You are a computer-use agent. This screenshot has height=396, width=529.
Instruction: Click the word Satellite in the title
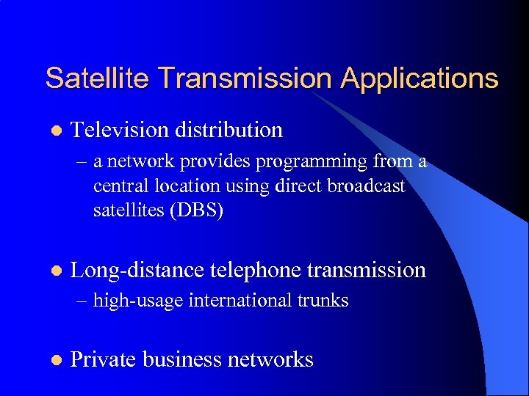pos(97,78)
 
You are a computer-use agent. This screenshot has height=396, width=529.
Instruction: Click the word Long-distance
pos(136,271)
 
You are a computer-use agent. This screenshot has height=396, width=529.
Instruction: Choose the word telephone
pos(254,271)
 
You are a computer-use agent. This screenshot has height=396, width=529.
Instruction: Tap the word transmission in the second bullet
pos(366,271)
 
